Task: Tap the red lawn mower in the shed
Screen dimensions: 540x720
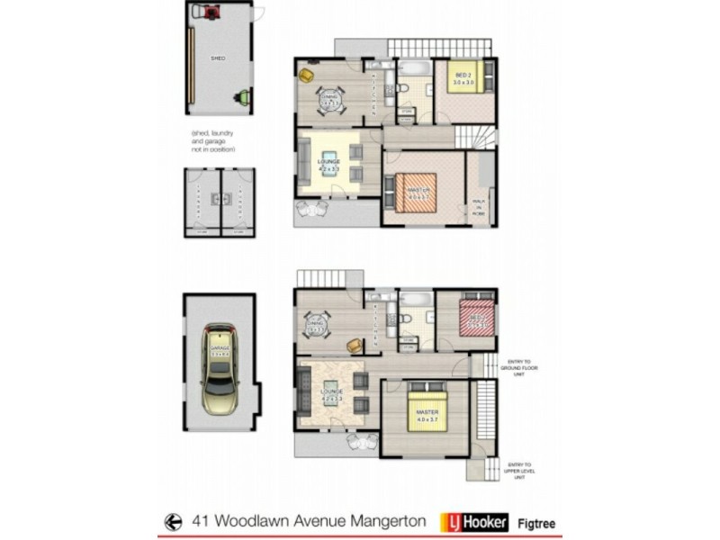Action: [212, 12]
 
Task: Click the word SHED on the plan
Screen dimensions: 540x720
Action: [217, 58]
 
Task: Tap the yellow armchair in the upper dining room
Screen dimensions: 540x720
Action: [305, 75]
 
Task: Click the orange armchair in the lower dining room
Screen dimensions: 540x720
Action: [355, 344]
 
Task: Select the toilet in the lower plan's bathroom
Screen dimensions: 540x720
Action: [406, 317]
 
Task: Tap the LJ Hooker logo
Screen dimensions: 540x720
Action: [474, 522]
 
